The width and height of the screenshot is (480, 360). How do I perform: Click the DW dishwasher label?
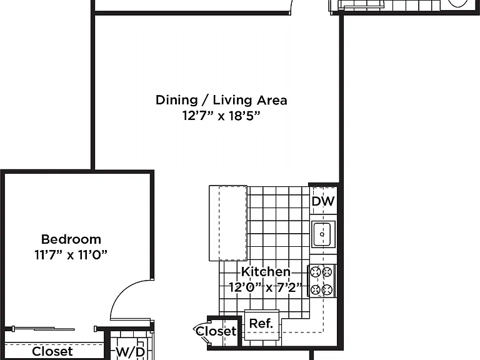(323, 201)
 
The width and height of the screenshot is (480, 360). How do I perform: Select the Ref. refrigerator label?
(261, 323)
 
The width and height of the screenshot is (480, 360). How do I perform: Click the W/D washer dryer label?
(131, 352)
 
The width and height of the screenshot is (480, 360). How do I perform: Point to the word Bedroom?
(71, 239)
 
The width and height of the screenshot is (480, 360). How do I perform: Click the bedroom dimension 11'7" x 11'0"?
(71, 255)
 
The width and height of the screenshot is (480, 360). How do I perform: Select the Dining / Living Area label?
(221, 100)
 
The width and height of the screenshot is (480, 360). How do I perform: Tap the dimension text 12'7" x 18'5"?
(221, 116)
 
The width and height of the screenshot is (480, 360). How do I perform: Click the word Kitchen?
(266, 271)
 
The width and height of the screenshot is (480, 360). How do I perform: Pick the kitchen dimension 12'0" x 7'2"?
(266, 287)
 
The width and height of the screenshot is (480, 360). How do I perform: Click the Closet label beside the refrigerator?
(216, 331)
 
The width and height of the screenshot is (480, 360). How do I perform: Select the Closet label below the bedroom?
(52, 351)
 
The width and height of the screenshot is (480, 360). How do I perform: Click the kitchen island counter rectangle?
(228, 223)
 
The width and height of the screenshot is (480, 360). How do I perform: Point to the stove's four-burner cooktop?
(322, 281)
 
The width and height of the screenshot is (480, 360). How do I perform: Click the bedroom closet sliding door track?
(54, 329)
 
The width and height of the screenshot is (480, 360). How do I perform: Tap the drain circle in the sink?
(322, 234)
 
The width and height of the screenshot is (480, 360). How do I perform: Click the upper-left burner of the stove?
(315, 271)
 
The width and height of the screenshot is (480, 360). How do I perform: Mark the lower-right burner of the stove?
(327, 289)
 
